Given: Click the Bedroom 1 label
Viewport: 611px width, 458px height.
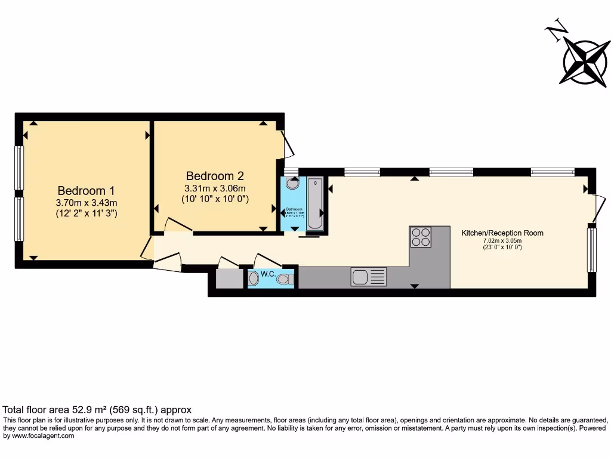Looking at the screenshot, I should [86, 191].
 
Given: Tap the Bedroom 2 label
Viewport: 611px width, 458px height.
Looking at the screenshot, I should [215, 176].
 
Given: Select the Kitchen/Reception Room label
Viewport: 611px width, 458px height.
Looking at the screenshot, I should [502, 233].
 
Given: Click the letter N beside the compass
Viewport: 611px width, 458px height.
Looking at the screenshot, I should [557, 31].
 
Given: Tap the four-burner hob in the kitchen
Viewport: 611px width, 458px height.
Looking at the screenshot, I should [421, 236].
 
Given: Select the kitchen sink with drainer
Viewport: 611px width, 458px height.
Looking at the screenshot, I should [368, 277].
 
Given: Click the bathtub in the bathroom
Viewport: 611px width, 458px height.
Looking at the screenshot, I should [315, 203].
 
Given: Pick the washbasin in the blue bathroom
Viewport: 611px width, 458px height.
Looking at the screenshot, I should [291, 185].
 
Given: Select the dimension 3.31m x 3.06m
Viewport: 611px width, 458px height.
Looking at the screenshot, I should [215, 188].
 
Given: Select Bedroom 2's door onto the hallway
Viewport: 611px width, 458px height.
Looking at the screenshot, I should [177, 225].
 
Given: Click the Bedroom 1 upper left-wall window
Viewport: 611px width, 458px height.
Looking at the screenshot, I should [19, 168].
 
